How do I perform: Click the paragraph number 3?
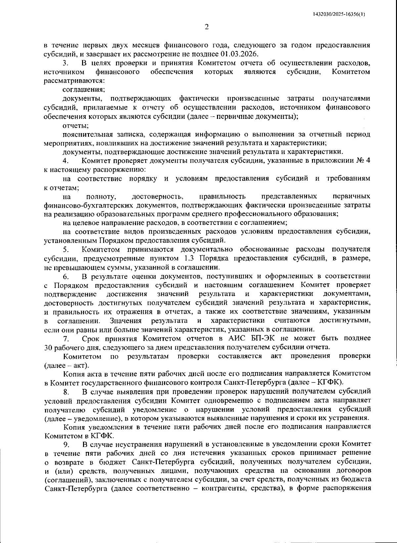click(x=66, y=63)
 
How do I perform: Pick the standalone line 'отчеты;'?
click(x=75, y=125)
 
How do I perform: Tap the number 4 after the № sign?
click(x=368, y=161)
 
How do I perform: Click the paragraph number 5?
click(x=66, y=249)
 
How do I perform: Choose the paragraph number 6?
click(x=66, y=276)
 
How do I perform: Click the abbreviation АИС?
click(x=237, y=338)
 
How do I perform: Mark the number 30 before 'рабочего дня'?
click(x=48, y=347)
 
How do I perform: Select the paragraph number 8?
click(x=66, y=392)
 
